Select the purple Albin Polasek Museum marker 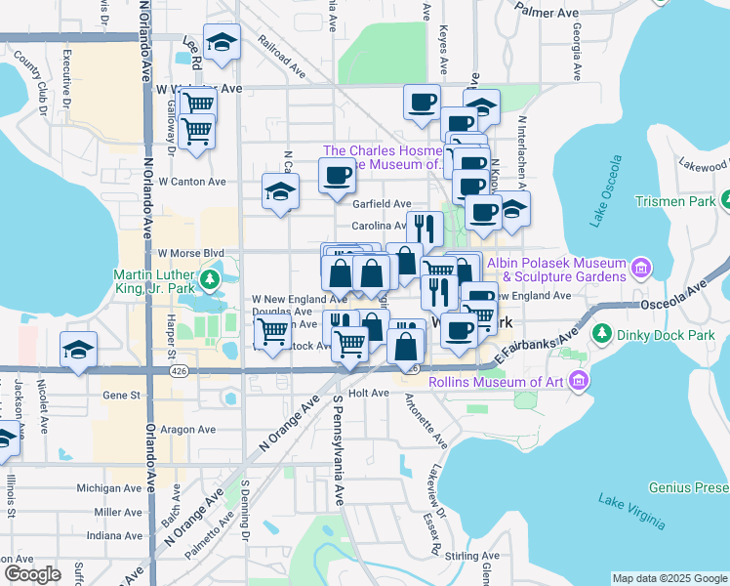pos(641,266)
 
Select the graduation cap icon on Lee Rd pos(223,43)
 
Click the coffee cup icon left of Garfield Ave pos(337,176)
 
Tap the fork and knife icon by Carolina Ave pos(425,228)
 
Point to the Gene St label pos(122,397)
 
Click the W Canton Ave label pos(192,182)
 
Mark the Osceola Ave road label pos(672,300)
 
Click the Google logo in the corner pos(32,573)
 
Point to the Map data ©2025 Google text pos(669,578)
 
